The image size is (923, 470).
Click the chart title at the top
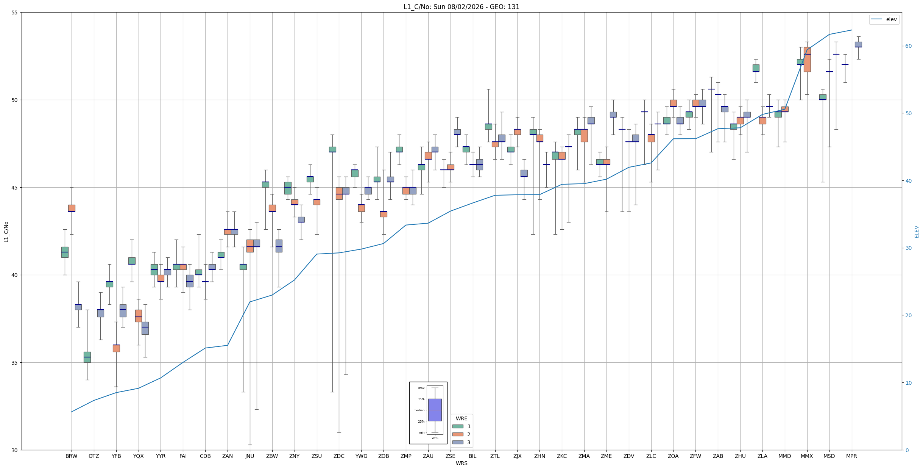click(461, 7)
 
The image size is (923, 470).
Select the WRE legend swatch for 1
click(458, 426)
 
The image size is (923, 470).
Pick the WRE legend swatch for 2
click(458, 434)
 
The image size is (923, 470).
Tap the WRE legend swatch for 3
click(458, 442)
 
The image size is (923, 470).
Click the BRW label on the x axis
click(71, 456)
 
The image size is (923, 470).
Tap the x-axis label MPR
click(851, 456)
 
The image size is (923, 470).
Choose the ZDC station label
click(339, 456)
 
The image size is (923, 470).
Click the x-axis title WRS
click(461, 463)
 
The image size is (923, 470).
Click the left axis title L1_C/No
click(6, 232)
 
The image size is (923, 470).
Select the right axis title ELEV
click(917, 232)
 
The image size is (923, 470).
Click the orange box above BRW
click(72, 208)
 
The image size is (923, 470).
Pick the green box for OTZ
click(87, 357)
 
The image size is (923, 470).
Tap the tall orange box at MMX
click(807, 60)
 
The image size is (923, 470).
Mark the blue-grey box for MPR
click(858, 44)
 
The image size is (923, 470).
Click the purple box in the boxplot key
click(435, 410)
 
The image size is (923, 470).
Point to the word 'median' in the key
click(419, 410)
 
